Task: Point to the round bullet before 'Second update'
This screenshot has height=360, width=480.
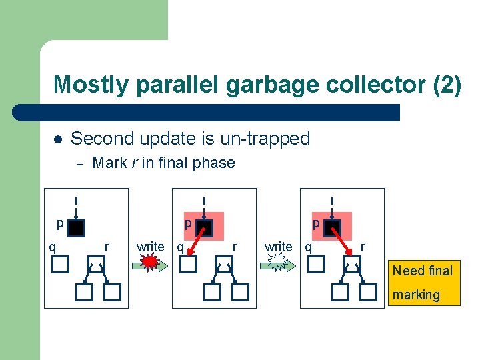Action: coord(58,139)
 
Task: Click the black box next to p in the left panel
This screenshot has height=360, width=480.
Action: coord(77,229)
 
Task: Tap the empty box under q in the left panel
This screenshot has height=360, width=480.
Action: coord(61,265)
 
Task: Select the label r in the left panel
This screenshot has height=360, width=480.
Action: coord(107,247)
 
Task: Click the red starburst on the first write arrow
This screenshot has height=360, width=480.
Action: coord(151,264)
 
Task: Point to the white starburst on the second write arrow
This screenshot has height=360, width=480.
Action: coord(279,264)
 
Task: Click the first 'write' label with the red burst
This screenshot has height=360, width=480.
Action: coord(150,247)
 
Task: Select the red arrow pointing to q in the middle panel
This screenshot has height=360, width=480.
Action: coord(195,243)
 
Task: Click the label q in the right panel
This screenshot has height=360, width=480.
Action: coord(308,247)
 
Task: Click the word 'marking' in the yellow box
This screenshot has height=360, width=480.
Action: coord(416,295)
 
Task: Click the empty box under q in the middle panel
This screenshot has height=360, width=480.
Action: coord(189,265)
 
